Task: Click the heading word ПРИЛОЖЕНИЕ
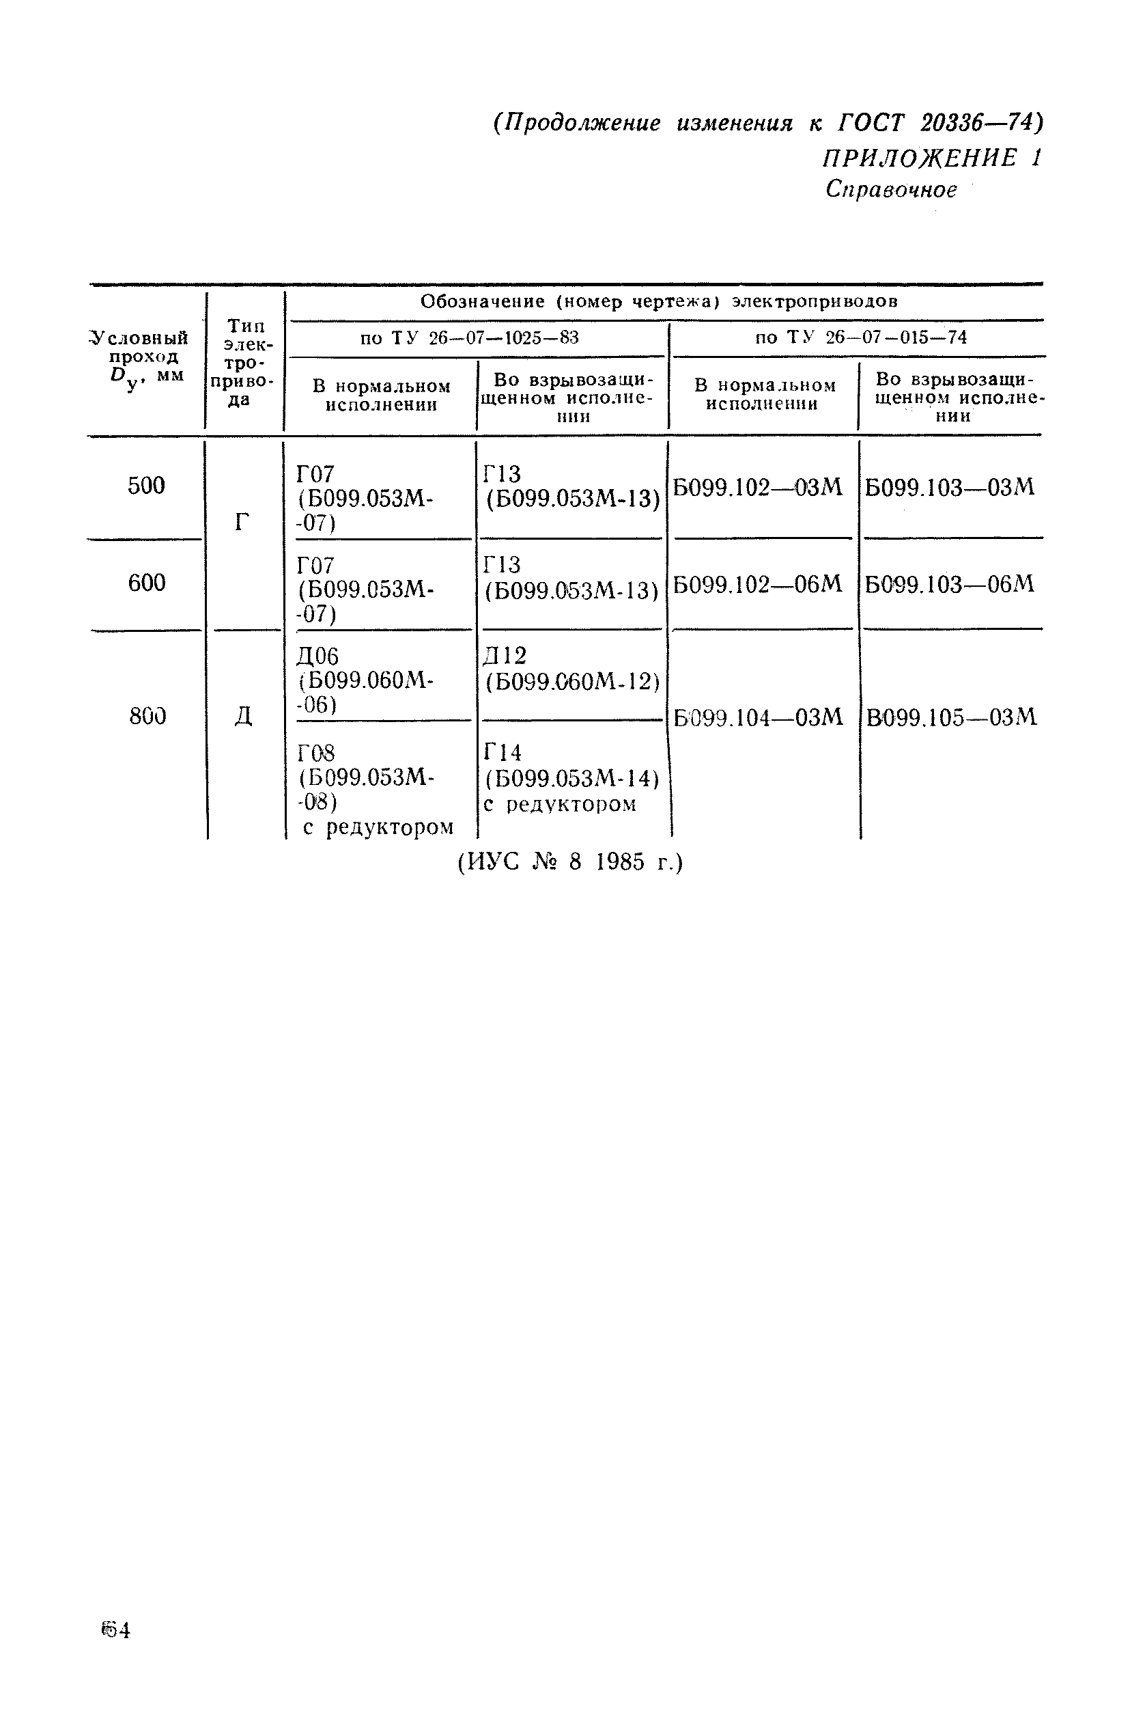pos(918,158)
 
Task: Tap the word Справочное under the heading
pos(891,190)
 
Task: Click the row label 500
pos(146,486)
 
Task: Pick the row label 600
pos(146,583)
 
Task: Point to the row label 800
pos(147,717)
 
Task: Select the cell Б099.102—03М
pos(757,487)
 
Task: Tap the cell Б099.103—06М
pos(949,584)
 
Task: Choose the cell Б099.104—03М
pos(758,718)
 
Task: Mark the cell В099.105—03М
pos(951,718)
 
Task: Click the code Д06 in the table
pos(317,656)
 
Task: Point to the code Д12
pos(505,655)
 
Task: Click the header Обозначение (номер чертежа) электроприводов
pos(659,302)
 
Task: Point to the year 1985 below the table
pos(620,863)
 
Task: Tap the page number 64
pos(115,1631)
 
